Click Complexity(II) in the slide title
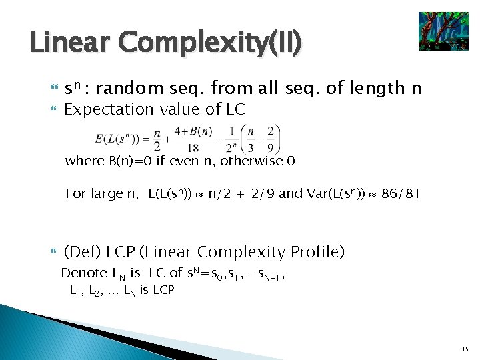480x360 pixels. click(213, 43)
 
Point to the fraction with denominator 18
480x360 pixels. click(192, 139)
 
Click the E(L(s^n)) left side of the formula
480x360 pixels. click(123, 139)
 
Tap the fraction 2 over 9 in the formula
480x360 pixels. click(270, 139)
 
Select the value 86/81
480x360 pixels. click(399, 194)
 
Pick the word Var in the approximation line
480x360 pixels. click(319, 194)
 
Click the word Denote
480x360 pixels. click(83, 273)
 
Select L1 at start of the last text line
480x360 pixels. click(75, 291)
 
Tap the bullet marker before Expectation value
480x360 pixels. click(54, 109)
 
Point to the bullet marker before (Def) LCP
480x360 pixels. click(54, 252)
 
